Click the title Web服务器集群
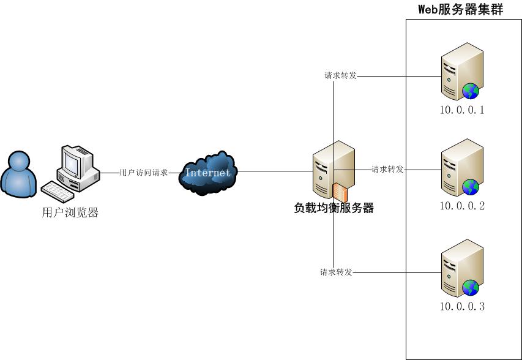coord(460,9)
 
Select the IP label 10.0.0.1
coord(462,111)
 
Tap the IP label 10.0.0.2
coord(462,206)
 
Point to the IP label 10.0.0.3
coord(462,306)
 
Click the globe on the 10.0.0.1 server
coord(471,92)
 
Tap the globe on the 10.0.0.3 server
coord(471,287)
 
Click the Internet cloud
coord(208,172)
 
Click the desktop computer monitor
coord(75,162)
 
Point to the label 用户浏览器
coord(70,213)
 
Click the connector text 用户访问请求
coord(143,173)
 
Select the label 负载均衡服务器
coord(334,208)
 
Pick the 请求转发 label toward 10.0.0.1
coord(340,76)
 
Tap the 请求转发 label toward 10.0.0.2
coord(387,170)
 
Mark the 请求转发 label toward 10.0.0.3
coord(336,272)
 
